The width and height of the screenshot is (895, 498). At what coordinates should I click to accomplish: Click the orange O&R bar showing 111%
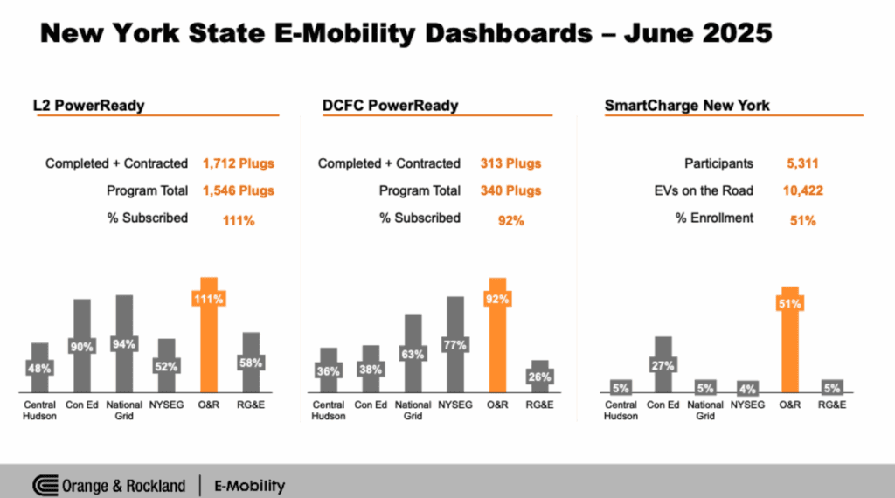click(209, 336)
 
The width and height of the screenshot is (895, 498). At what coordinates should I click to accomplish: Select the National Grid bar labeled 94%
click(124, 345)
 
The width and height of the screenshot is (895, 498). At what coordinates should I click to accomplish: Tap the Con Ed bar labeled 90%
click(82, 347)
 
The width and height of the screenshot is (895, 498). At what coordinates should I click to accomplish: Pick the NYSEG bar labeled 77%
click(454, 346)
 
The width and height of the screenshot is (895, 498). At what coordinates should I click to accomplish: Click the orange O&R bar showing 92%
click(496, 336)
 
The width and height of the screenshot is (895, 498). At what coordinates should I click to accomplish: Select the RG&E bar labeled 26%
click(539, 377)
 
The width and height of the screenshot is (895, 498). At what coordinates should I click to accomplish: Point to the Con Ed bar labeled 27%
click(663, 366)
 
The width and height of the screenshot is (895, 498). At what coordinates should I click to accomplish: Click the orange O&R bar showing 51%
click(790, 341)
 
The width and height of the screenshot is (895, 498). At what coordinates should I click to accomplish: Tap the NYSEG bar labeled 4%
click(747, 389)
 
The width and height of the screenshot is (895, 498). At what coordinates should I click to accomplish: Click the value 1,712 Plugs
click(238, 163)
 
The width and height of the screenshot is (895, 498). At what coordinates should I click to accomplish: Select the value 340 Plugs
click(510, 190)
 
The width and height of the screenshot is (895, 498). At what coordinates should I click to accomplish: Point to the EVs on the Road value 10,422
click(804, 190)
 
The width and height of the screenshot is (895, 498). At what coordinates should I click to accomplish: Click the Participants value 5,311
click(802, 163)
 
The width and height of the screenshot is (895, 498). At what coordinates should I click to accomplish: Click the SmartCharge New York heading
click(687, 106)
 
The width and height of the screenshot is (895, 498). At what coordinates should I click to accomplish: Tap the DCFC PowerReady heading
click(390, 106)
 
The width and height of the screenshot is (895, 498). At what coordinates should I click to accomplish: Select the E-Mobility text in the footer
click(249, 485)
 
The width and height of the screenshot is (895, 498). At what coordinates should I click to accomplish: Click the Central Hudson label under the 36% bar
click(328, 411)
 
